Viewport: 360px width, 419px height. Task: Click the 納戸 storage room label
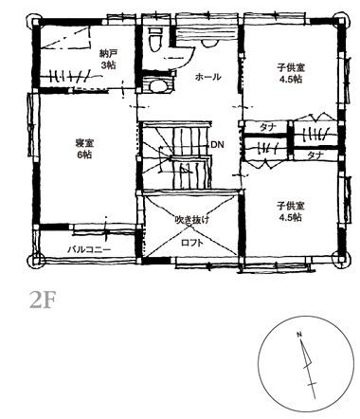[x=108, y=54]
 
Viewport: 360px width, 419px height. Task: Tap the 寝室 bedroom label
[x=84, y=143]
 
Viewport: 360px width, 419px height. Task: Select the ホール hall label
[x=207, y=77]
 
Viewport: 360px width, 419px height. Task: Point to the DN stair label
[x=217, y=145]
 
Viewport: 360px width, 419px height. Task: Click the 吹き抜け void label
[x=192, y=220]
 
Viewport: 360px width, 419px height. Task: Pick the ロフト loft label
[x=192, y=243]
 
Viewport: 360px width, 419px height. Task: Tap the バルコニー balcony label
[x=90, y=249]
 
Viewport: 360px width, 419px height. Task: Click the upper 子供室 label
[x=291, y=67]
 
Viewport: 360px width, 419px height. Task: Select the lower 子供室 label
[x=291, y=207]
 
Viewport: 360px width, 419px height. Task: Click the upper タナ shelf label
[x=268, y=128]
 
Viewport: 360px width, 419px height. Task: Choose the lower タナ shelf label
[x=315, y=155]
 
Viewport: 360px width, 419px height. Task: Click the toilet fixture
[x=155, y=39]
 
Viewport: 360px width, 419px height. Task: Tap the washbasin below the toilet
[x=158, y=85]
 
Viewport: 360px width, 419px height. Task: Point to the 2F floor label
[x=43, y=301]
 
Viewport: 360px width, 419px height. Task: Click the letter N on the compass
[x=298, y=335]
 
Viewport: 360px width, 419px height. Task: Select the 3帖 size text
[x=108, y=65]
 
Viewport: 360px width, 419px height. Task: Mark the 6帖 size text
[x=84, y=155]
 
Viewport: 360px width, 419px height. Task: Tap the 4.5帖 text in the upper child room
[x=291, y=79]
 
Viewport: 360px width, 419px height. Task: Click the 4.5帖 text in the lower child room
[x=291, y=217]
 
